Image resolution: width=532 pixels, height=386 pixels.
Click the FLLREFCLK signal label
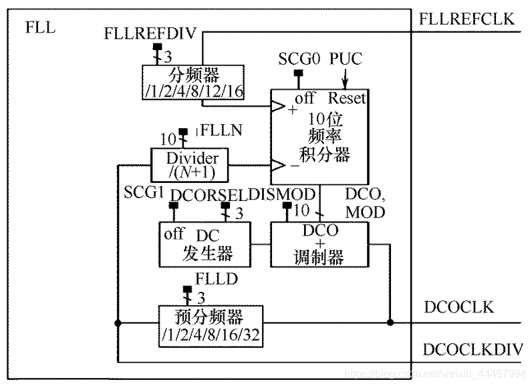[x=467, y=19]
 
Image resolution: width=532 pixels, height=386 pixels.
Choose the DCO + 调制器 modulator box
[x=319, y=244]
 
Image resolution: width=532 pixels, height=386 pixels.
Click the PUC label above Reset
[x=346, y=59]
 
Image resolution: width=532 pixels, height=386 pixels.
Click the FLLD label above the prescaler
[x=213, y=277]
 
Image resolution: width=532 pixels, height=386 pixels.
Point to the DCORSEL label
[x=209, y=194]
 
